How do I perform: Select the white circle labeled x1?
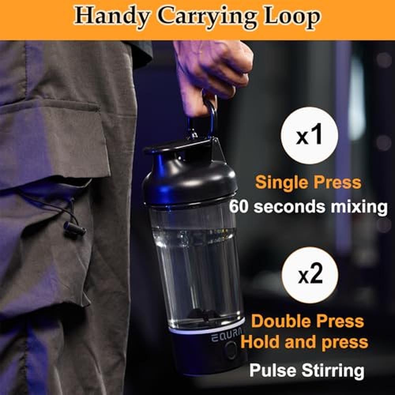pos(309,135)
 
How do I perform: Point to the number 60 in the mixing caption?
pos(239,207)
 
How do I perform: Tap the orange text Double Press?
pos(307,321)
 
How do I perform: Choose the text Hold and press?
pos(304,342)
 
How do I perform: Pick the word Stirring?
pos(333,371)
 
